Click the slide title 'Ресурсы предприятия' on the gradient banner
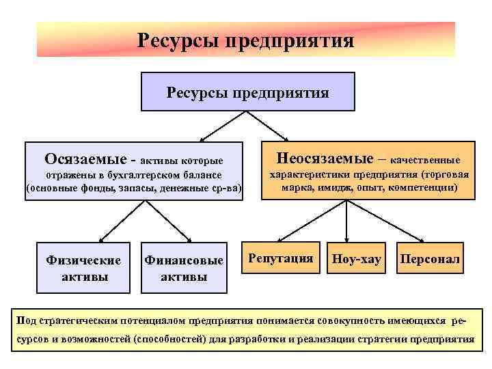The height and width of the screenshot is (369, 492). coord(245,40)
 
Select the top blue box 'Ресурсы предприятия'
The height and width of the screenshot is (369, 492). coord(247,92)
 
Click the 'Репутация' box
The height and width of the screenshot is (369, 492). coord(281,258)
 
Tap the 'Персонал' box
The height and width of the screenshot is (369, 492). coord(430,260)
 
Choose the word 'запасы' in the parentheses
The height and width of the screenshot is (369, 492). coord(136,188)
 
